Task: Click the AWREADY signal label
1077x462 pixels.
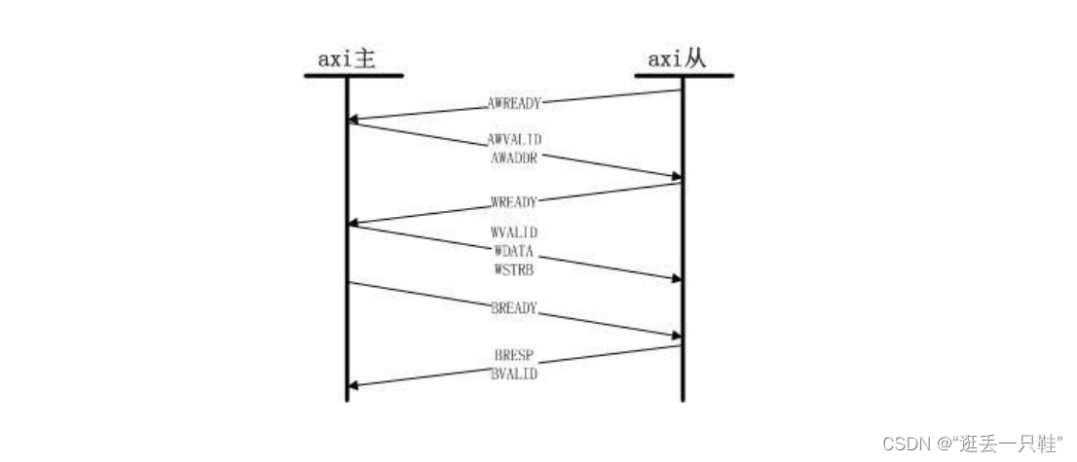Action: pyautogui.click(x=514, y=104)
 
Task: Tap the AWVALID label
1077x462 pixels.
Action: pyautogui.click(x=514, y=139)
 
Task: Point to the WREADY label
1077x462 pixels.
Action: pyautogui.click(x=514, y=202)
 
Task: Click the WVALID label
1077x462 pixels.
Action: pyautogui.click(x=514, y=233)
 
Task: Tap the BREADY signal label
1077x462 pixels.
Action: pyautogui.click(x=514, y=308)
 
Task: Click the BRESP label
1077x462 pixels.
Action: pyautogui.click(x=514, y=356)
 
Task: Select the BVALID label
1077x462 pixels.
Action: pyautogui.click(x=514, y=374)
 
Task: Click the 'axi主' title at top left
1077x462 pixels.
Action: pyautogui.click(x=347, y=59)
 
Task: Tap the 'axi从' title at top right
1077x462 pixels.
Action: pyautogui.click(x=677, y=59)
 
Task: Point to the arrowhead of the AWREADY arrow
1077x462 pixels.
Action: pyautogui.click(x=353, y=121)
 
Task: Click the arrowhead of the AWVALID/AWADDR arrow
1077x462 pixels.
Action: pyautogui.click(x=676, y=177)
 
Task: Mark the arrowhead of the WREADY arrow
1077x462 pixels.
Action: pyautogui.click(x=353, y=223)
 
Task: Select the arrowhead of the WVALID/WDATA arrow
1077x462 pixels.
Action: pyautogui.click(x=676, y=279)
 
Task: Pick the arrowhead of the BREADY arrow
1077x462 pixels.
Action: pyautogui.click(x=676, y=335)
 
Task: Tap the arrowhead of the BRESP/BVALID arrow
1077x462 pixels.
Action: pyautogui.click(x=353, y=386)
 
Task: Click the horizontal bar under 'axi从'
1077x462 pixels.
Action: pyautogui.click(x=685, y=76)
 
